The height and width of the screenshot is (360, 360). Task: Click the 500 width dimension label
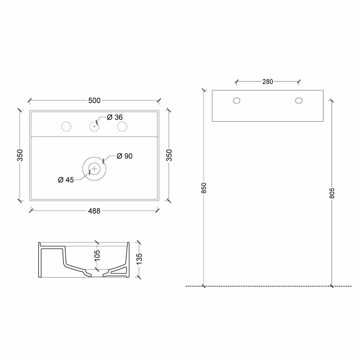click(x=94, y=100)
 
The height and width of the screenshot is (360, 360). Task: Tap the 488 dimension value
click(x=94, y=211)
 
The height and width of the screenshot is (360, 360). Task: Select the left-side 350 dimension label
click(x=20, y=155)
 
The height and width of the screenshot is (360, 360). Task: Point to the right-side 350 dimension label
click(x=169, y=155)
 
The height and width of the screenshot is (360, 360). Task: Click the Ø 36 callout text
click(x=115, y=117)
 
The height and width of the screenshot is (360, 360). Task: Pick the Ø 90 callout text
click(x=125, y=156)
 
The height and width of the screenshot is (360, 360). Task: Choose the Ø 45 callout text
click(x=66, y=180)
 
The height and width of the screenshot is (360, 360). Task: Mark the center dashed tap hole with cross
click(x=94, y=126)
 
